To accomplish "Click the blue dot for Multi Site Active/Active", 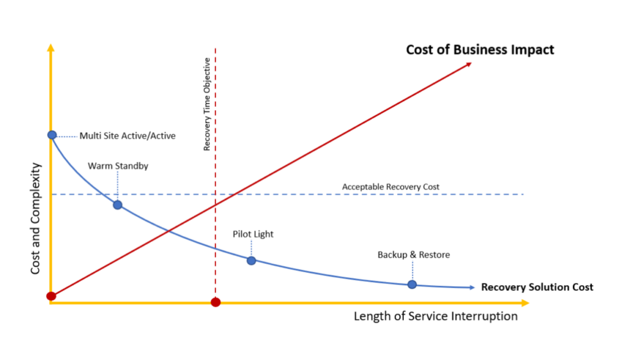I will click(52, 135).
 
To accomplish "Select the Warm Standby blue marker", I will click(117, 205).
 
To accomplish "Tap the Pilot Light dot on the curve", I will click(251, 260).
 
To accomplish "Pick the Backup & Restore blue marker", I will click(412, 284).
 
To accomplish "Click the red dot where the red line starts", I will click(51, 296).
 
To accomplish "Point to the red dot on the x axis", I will click(215, 302).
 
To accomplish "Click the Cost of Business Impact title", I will click(480, 50).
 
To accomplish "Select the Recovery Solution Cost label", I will click(537, 287).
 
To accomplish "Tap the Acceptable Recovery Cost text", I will click(390, 187).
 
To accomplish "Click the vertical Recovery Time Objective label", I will click(207, 104).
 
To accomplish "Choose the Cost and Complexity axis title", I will click(36, 218).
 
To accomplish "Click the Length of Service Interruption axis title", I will click(435, 316).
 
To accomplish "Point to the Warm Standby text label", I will click(118, 166).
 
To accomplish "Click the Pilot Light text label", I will click(253, 235).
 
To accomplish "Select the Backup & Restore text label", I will click(414, 255).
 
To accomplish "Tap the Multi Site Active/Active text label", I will click(128, 136).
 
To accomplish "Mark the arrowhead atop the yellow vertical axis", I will click(51, 48).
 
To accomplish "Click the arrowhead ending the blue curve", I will click(472, 287).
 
